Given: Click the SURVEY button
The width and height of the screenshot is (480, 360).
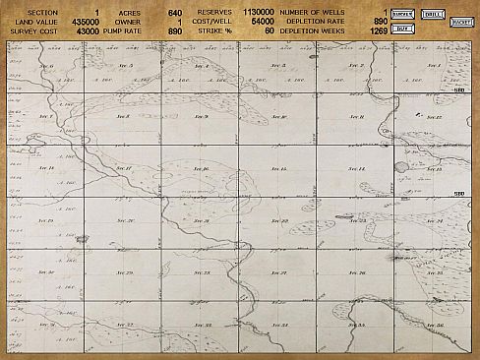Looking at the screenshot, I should point(401,15).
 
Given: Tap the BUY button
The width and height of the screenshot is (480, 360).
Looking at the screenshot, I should point(401,30).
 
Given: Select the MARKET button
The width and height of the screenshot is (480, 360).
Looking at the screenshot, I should point(460,22).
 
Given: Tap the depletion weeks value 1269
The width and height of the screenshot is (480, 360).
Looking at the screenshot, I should point(374,31).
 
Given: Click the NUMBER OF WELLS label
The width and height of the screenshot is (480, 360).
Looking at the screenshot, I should point(315,13).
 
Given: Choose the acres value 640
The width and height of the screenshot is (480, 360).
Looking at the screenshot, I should point(175,13).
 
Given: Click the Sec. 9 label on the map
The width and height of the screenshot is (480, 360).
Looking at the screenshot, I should point(202,117).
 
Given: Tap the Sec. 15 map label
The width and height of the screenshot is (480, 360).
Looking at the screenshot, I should point(278,169).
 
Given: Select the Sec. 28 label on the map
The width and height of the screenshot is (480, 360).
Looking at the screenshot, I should point(203,272).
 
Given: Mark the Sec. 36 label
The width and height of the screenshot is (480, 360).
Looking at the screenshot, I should point(434,325).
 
